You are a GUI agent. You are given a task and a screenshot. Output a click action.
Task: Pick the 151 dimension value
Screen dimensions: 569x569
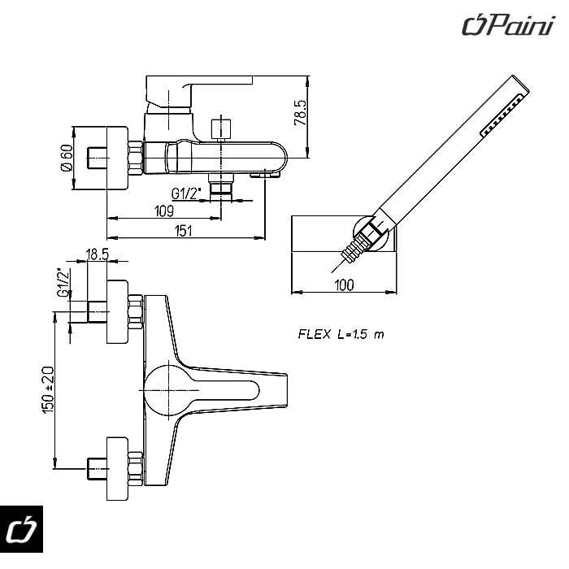185,231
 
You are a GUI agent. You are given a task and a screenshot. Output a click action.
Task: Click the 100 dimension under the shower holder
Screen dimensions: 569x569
345,284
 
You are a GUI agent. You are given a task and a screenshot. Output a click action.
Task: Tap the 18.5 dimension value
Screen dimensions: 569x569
98,254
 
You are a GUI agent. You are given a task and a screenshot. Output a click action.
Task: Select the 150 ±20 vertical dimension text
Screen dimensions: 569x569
48,390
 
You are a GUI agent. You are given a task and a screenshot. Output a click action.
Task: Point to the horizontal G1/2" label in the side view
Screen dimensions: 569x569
187,193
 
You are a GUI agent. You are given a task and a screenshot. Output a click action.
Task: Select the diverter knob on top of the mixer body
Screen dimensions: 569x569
219,129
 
